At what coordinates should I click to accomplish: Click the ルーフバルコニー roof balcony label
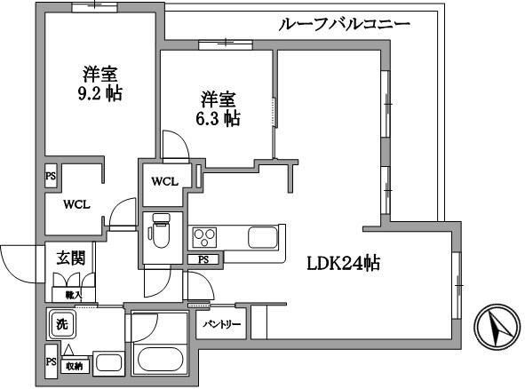pos(345,24)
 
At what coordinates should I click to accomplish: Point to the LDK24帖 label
pos(344,263)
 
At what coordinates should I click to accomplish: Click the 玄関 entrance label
pos(71,258)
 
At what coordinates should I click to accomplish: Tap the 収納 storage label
pos(73,365)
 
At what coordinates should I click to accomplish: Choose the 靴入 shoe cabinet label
pos(73,294)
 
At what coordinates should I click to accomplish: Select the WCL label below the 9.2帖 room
pos(76,202)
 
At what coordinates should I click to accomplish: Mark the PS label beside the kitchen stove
pos(203,259)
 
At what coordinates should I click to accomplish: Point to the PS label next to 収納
pos(50,363)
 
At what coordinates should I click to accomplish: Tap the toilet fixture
pos(160,233)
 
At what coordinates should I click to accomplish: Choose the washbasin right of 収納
pos(108,362)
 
